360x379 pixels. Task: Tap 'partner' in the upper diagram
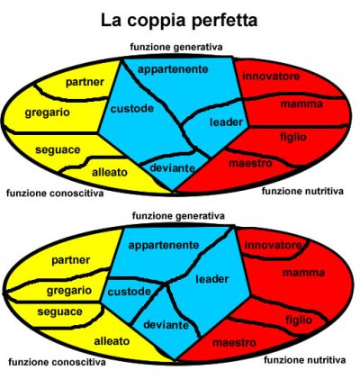[85, 83]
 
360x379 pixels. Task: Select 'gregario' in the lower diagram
[69, 291]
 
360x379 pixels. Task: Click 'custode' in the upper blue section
[132, 108]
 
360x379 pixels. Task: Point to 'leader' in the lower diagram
[212, 279]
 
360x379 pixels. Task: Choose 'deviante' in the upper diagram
[172, 168]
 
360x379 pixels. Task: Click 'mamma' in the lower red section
[303, 273]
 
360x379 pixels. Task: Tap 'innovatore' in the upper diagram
[271, 77]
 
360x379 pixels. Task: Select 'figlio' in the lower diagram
[299, 320]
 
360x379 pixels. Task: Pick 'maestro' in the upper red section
[250, 164]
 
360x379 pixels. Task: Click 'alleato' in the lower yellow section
[112, 341]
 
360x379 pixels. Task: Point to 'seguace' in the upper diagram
[58, 150]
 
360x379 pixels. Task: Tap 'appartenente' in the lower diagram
[164, 246]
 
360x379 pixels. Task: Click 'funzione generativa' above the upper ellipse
[176, 47]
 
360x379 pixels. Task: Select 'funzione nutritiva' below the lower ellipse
[304, 360]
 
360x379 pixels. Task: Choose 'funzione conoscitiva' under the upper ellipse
[55, 193]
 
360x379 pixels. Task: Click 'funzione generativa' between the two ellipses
[178, 216]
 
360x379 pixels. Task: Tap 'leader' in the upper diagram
[226, 122]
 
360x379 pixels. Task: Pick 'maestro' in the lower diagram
[234, 343]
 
